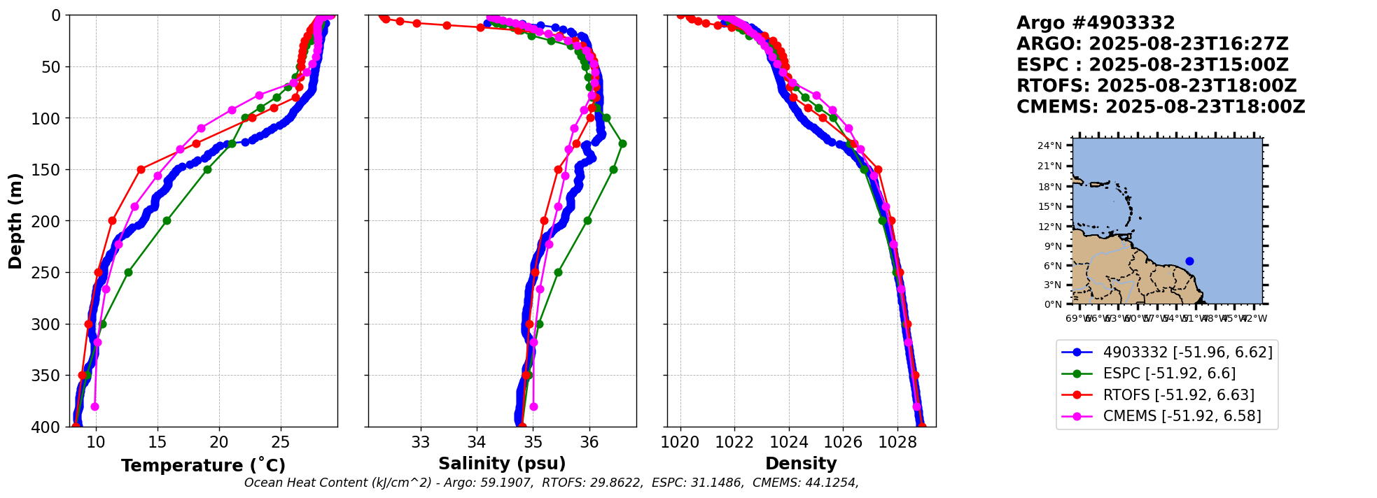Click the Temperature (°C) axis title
point(203,466)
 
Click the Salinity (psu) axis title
point(502,464)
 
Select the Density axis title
point(801,464)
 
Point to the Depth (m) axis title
point(15,220)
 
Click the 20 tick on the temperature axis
point(219,442)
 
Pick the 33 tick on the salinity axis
point(421,442)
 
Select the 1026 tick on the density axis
point(843,442)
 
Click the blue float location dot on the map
point(1189,261)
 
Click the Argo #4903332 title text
point(1096,23)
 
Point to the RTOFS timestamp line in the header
point(1156,86)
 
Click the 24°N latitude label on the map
point(1049,146)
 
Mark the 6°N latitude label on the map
point(1052,266)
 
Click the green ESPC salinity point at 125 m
point(622,143)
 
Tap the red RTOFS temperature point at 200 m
point(112,220)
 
